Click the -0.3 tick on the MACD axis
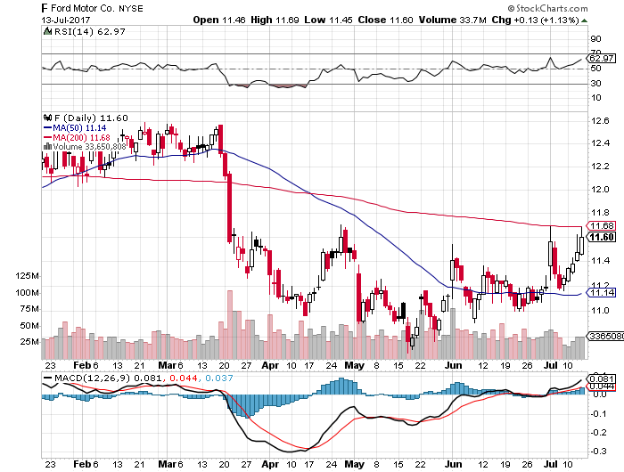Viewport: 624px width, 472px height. (x=598, y=452)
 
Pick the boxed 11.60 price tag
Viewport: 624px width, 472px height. (x=603, y=237)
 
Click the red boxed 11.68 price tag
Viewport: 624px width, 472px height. (x=603, y=226)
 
